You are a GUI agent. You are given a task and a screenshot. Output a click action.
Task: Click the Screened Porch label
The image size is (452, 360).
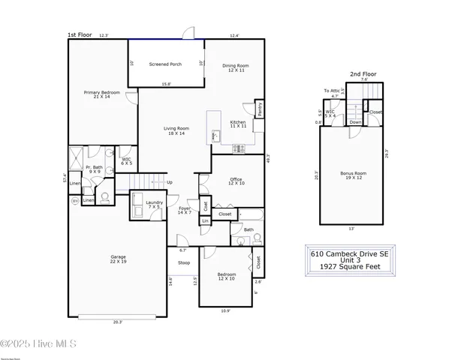click(165, 64)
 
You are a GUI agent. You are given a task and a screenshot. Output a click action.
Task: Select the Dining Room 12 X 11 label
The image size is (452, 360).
click(235, 67)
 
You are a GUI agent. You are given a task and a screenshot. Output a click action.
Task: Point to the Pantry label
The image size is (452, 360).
click(259, 109)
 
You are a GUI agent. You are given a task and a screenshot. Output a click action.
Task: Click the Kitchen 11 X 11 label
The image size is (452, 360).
click(238, 124)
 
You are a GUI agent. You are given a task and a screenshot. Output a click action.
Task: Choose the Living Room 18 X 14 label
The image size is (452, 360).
click(176, 130)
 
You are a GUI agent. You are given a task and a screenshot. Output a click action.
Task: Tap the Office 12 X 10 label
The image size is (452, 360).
click(235, 181)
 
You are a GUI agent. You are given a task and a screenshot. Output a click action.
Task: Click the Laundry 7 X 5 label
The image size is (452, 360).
click(155, 205)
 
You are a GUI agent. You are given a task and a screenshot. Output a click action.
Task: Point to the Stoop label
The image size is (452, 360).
click(184, 263)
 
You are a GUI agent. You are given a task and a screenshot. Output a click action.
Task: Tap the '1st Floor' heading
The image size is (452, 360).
click(80, 34)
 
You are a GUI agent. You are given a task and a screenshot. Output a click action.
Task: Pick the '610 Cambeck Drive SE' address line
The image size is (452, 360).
click(351, 253)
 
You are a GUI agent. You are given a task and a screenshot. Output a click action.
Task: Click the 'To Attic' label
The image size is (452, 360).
click(332, 91)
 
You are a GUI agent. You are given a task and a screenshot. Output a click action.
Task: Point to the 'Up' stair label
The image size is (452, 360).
click(169, 182)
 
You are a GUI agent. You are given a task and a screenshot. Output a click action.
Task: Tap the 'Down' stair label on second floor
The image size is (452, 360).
click(356, 122)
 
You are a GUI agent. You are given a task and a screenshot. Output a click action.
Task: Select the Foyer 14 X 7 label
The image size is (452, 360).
click(185, 211)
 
